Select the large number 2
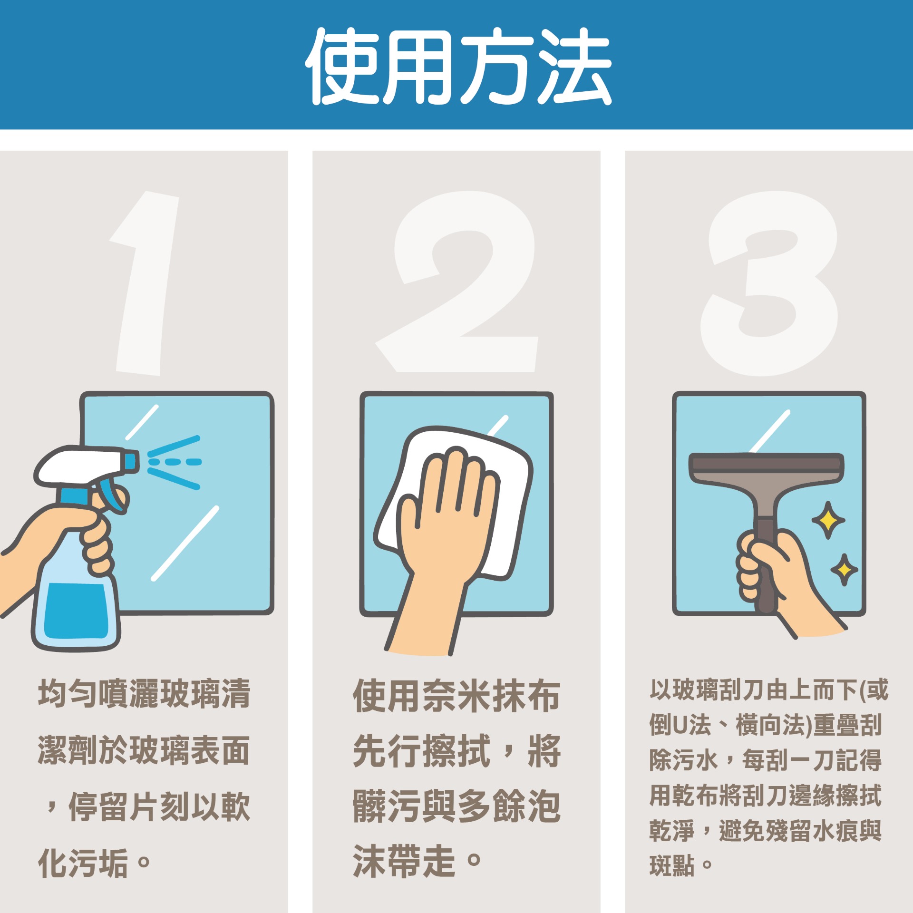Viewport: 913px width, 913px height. pos(456,282)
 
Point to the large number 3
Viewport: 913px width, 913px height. pos(769,283)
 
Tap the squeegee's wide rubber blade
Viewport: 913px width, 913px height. pos(766,463)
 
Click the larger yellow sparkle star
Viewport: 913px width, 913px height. pos(828,520)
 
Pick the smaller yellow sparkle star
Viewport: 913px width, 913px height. pos(844,569)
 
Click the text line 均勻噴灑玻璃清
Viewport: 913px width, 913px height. pos(144,694)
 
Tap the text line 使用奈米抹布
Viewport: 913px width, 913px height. pos(456,696)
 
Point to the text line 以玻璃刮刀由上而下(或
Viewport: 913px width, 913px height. pos(769,690)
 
